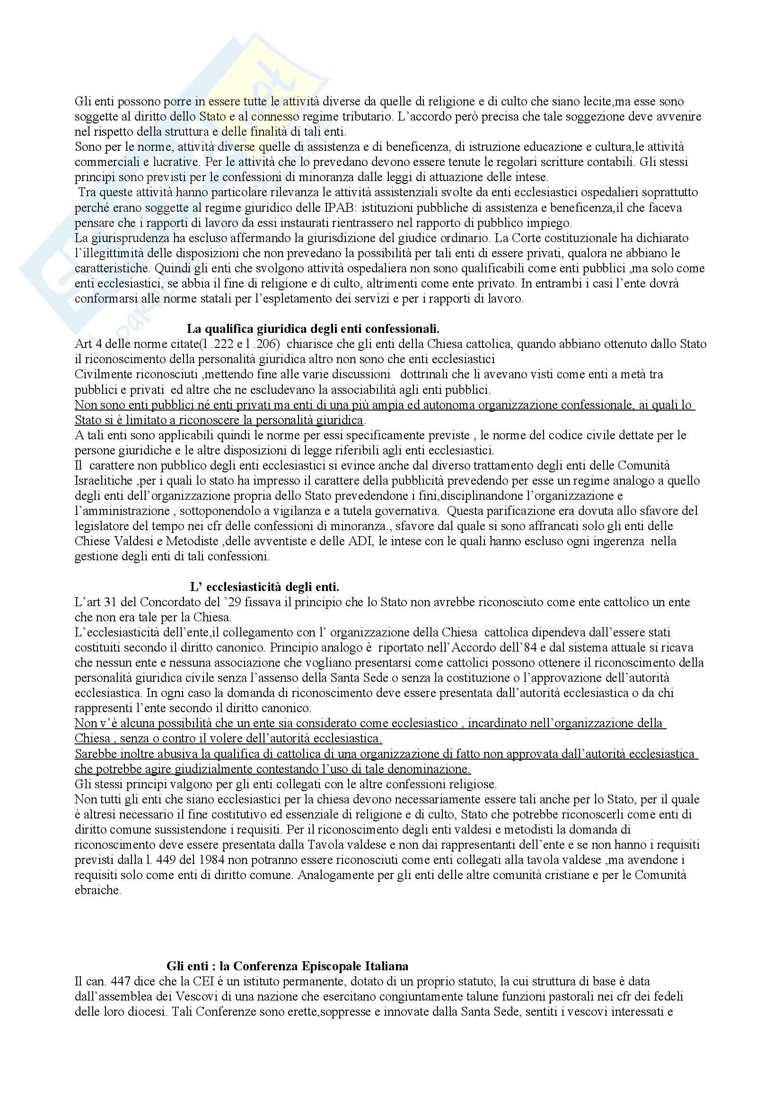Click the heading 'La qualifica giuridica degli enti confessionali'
[313, 330]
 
